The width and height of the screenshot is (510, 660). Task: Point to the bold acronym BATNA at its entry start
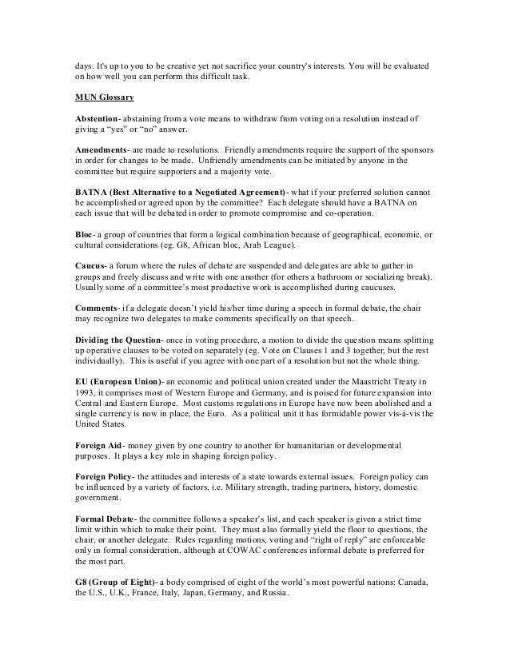83,193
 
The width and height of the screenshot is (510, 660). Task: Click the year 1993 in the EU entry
78,392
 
